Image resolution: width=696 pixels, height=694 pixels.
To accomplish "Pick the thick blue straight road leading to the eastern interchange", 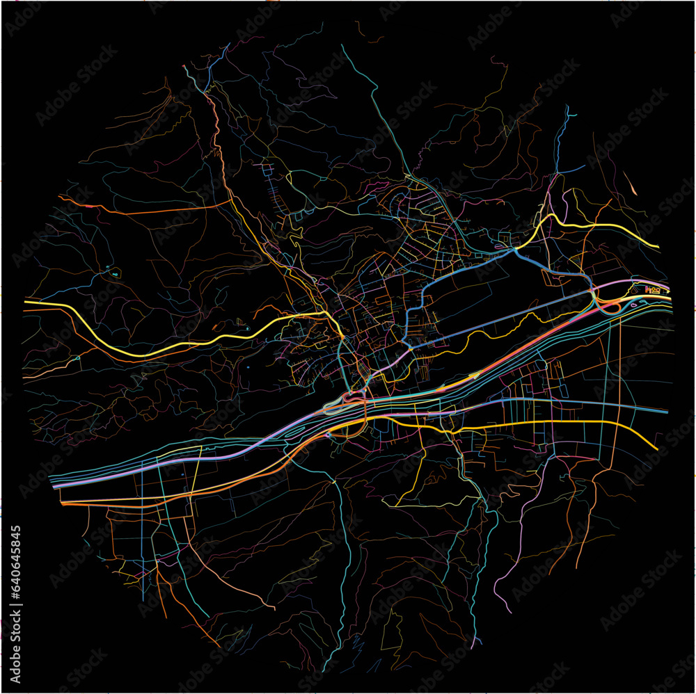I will pos(501,320).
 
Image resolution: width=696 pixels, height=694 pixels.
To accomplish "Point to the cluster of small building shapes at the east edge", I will pos(653,289).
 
